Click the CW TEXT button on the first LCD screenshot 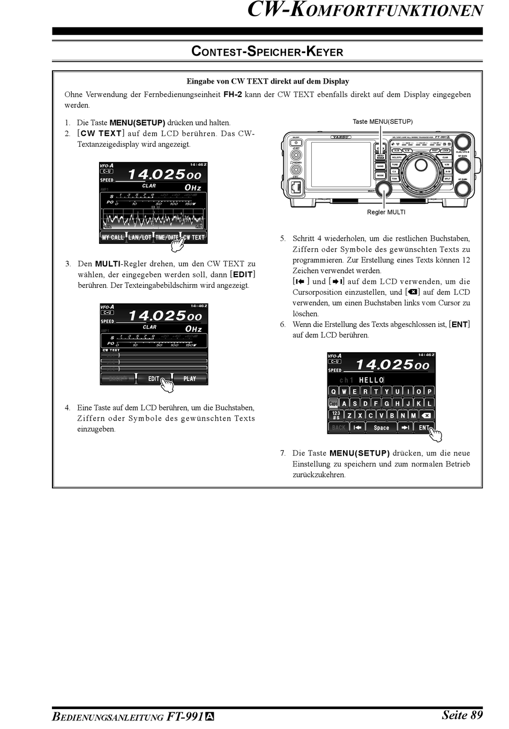(194, 237)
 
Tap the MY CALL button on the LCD (113, 237)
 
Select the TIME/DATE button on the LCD (167, 237)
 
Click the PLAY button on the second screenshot (190, 378)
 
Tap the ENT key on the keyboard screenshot (424, 428)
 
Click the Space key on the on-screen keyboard (381, 428)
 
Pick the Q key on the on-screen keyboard (333, 391)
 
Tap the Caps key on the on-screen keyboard (333, 404)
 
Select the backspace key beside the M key (426, 415)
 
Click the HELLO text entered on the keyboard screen (371, 380)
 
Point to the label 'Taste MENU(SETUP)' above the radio (383, 122)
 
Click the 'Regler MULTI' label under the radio (386, 212)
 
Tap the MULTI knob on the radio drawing (384, 189)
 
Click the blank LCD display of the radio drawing (341, 165)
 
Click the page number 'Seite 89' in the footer (462, 715)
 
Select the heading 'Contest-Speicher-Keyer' (267, 52)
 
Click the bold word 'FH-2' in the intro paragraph (233, 94)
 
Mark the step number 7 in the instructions (282, 453)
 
